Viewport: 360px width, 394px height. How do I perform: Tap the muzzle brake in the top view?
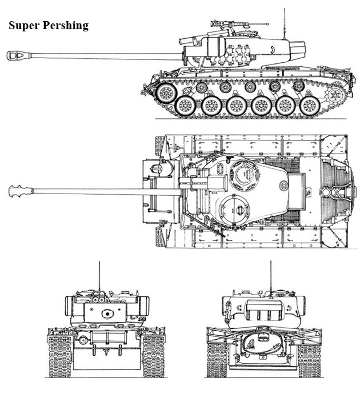click(21, 191)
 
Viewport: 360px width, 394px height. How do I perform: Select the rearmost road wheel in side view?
click(309, 105)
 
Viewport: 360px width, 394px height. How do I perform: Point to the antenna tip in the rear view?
click(270, 263)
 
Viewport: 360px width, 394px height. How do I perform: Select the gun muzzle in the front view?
click(106, 313)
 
